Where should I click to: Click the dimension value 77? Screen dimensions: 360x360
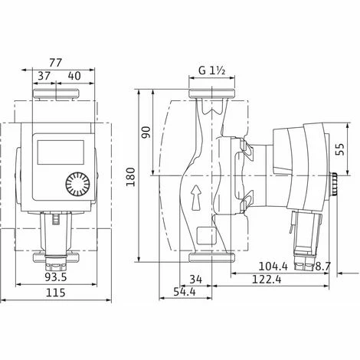[55, 63]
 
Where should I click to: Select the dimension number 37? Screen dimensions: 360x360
[44, 76]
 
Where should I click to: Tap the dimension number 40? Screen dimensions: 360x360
[74, 76]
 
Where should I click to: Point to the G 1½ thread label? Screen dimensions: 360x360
[211, 70]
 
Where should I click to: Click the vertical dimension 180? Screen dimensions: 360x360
[131, 177]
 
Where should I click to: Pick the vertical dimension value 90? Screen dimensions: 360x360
[146, 133]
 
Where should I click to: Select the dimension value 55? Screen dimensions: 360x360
[340, 149]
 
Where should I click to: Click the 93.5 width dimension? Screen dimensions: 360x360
[56, 277]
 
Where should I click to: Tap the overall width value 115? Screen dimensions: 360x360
[55, 293]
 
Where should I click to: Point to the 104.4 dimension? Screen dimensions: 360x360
[273, 267]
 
